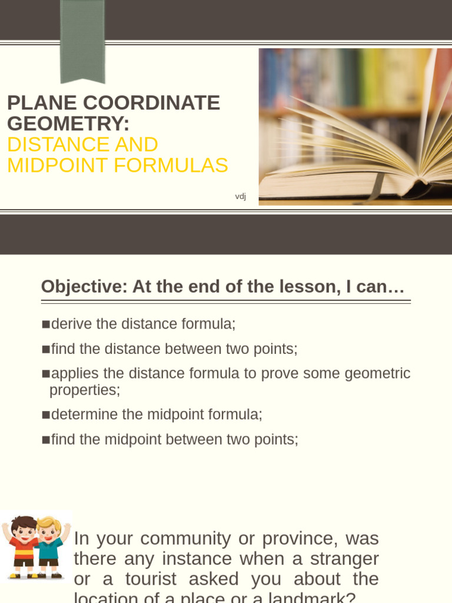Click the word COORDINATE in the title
151,103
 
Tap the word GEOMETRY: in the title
68,124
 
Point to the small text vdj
240,196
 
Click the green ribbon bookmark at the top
82,40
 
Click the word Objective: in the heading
84,287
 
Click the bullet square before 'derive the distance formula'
46,324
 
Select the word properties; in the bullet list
85,390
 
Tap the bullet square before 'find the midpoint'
46,440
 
